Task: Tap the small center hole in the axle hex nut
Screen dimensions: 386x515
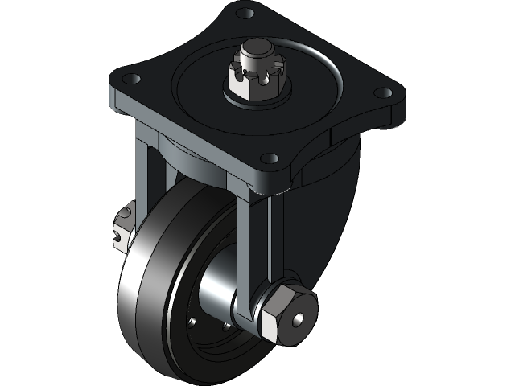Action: pos(299,320)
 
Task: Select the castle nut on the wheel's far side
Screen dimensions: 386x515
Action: pos(122,224)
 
